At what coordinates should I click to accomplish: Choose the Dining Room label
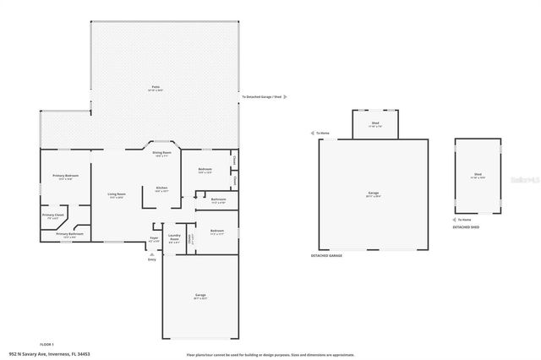click(161, 153)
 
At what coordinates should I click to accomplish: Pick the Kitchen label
click(161, 188)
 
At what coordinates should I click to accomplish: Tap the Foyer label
click(154, 237)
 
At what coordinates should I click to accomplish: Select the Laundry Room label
click(175, 237)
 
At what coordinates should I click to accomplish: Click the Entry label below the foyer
click(152, 259)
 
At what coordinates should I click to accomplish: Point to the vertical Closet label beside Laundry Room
click(190, 237)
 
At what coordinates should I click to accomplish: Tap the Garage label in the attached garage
click(199, 294)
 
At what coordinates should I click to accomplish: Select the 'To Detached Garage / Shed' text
click(260, 97)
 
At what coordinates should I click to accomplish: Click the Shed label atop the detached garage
click(374, 123)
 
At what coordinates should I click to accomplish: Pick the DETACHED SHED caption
click(467, 227)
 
